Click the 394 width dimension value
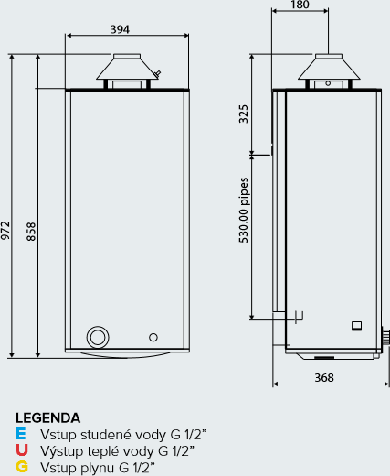tap(120, 29)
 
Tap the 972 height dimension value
tap(5, 231)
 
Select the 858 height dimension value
tap(31, 232)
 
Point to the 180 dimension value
tap(300, 5)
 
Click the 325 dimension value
tap(243, 114)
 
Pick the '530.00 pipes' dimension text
tap(244, 211)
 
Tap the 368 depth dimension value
tap(324, 378)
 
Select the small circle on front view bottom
tap(153, 337)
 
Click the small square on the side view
tap(356, 326)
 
